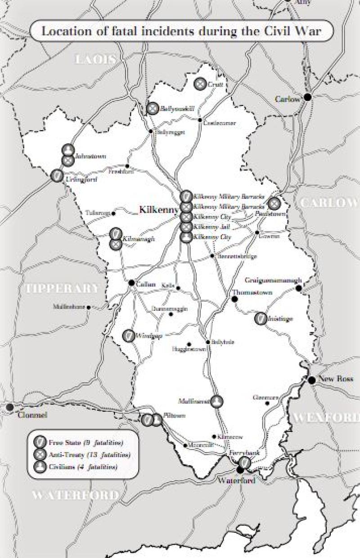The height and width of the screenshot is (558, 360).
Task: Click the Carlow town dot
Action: [x=308, y=97]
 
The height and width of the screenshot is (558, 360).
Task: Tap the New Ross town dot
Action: [x=311, y=380]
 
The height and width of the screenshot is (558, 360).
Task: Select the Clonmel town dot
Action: [x=9, y=407]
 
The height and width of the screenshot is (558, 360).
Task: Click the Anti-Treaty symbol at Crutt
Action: [x=200, y=83]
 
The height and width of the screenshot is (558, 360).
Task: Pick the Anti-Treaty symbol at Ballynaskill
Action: [x=153, y=109]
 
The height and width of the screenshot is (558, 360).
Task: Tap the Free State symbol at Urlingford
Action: [x=57, y=176]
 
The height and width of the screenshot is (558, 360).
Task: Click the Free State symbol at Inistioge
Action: [x=260, y=318]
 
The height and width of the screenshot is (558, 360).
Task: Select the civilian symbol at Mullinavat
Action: [x=217, y=402]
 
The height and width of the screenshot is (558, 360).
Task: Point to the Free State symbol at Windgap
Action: [x=128, y=336]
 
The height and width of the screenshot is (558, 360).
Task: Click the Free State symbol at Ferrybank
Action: [x=244, y=462]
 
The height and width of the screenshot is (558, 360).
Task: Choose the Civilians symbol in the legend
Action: [x=40, y=467]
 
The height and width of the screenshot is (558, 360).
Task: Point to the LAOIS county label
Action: [x=95, y=59]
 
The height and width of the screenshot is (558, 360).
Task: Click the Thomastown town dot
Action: [x=234, y=299]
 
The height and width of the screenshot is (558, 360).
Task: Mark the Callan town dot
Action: [x=131, y=283]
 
